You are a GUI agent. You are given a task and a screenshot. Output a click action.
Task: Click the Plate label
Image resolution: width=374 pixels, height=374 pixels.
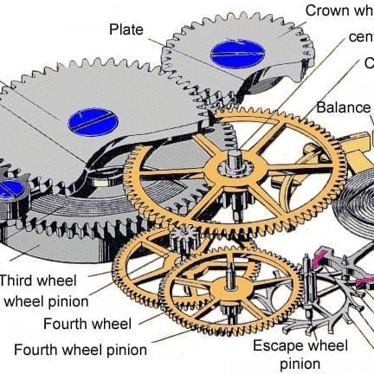click(126, 29)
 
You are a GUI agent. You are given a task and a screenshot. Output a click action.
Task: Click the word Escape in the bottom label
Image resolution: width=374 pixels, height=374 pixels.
click(276, 345)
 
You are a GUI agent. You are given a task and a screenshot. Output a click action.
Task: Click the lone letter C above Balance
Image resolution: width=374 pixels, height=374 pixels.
click(368, 63)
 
